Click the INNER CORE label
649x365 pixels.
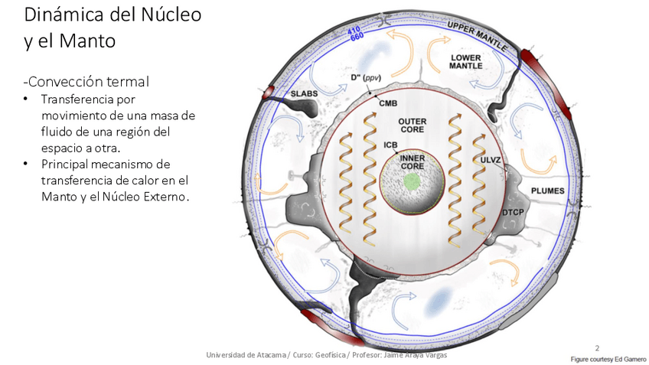tap(413, 161)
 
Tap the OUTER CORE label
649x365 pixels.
tap(413, 125)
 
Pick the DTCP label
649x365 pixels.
tap(512, 211)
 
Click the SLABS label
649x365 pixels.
tap(305, 93)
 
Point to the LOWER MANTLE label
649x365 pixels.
tap(465, 62)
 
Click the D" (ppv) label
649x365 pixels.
tap(366, 78)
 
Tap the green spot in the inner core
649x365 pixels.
tap(413, 181)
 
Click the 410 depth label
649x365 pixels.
tap(354, 31)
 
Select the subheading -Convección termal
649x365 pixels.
tap(86, 81)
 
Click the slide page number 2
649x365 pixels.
tap(596, 347)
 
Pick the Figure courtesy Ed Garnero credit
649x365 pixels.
tap(607, 358)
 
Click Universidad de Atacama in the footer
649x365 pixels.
tap(246, 355)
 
